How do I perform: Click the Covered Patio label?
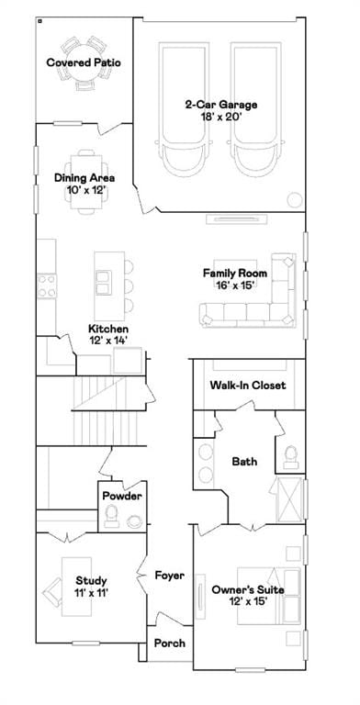click(84, 62)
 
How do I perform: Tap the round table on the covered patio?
click(84, 62)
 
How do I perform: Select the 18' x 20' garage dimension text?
click(220, 117)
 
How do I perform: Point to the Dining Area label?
click(84, 177)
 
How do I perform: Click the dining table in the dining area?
click(86, 182)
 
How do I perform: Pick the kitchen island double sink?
click(103, 283)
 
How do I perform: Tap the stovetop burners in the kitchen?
click(47, 286)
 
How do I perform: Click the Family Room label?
click(235, 273)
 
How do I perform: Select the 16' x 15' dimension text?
click(235, 285)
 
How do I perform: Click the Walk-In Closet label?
click(248, 385)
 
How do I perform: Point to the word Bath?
click(244, 462)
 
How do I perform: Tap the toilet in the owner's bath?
click(291, 457)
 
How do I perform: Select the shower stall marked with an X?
click(289, 499)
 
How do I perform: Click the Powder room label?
click(122, 497)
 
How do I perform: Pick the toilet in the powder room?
click(111, 516)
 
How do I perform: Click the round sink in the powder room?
click(135, 521)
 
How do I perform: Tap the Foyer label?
click(170, 575)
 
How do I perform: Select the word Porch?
click(170, 643)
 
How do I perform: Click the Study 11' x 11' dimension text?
click(91, 593)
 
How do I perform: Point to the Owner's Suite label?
click(248, 589)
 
